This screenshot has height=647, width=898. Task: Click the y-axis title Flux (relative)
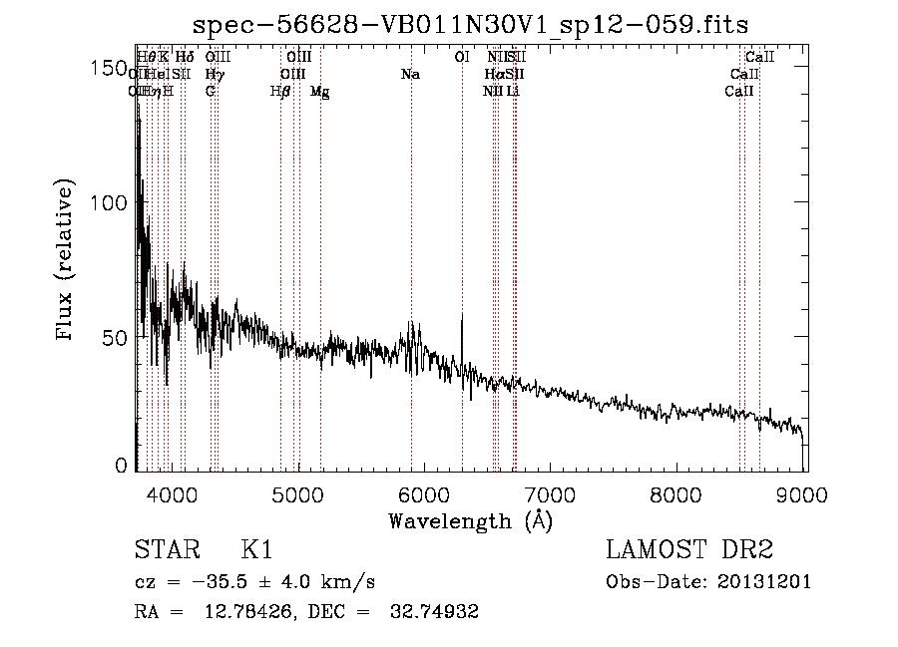[67, 262]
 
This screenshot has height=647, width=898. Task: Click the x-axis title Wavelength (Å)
[470, 520]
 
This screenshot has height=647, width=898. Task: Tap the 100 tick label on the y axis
[109, 202]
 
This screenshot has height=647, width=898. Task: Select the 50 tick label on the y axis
[114, 337]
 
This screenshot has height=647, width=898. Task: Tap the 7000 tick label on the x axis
[551, 493]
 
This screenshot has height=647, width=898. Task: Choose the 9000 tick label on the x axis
[804, 493]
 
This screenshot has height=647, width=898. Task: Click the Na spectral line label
[410, 75]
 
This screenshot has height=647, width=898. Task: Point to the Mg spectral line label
[319, 92]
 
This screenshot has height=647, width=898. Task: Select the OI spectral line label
[461, 58]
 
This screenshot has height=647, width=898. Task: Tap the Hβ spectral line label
[280, 92]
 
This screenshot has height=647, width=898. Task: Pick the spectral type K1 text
[256, 550]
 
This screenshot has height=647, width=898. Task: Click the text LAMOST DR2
[689, 550]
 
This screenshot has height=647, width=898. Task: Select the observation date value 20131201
[767, 582]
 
